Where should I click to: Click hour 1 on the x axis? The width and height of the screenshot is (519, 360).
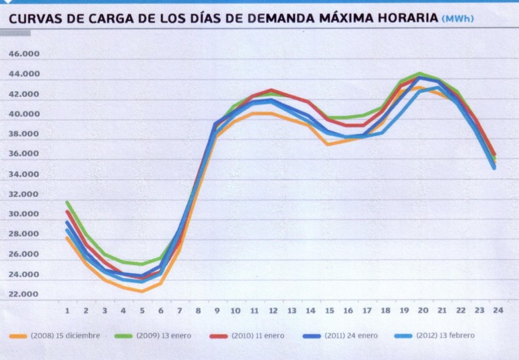67,311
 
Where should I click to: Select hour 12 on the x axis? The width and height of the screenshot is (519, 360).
273,311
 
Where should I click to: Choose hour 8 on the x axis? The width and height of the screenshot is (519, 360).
198,311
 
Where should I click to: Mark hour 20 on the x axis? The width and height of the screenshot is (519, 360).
421,311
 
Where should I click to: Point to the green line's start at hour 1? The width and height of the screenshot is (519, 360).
67,203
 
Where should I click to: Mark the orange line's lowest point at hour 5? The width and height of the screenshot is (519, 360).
142,291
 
